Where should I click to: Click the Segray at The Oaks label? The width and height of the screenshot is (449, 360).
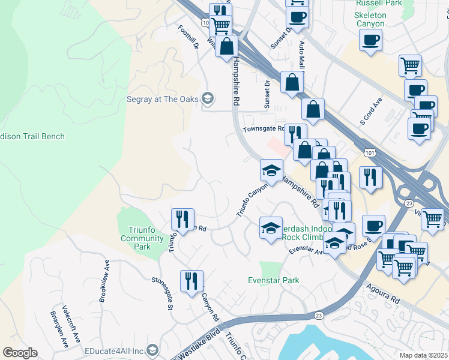click(x=162, y=98)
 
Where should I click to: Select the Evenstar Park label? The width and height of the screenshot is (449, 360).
click(x=274, y=280)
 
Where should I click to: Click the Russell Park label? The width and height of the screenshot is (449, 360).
click(x=378, y=3)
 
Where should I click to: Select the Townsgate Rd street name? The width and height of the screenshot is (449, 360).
click(x=263, y=129)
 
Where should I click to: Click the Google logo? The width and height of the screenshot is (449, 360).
click(x=20, y=352)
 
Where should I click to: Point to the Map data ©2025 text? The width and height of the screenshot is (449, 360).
click(x=423, y=355)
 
